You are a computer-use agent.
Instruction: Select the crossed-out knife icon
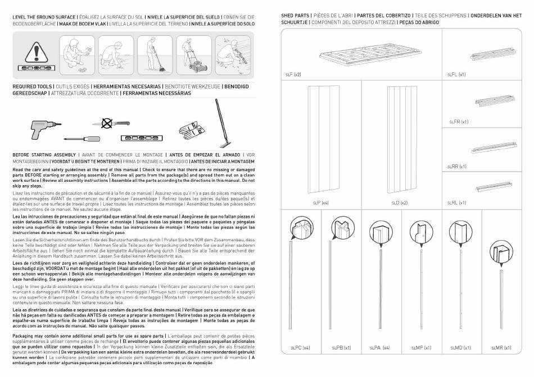coord(111,123)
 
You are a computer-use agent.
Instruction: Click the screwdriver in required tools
coord(82,139)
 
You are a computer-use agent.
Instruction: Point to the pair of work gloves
coord(192,130)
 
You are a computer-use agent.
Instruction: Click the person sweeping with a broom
coord(155,56)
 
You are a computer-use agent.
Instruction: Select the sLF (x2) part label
coord(293,75)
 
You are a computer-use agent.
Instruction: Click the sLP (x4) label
coord(321,203)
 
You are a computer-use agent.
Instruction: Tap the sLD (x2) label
coord(400,203)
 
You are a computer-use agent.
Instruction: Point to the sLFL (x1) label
coord(456,75)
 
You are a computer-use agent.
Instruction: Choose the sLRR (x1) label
coord(456,167)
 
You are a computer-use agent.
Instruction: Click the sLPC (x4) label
coord(300,348)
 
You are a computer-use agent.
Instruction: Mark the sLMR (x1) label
coord(501,348)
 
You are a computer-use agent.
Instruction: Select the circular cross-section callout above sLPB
coord(342,228)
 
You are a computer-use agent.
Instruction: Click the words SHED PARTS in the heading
coord(295,16)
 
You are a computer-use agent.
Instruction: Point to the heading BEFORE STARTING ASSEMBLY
coord(44,155)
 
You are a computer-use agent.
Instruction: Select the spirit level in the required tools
coord(142,138)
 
